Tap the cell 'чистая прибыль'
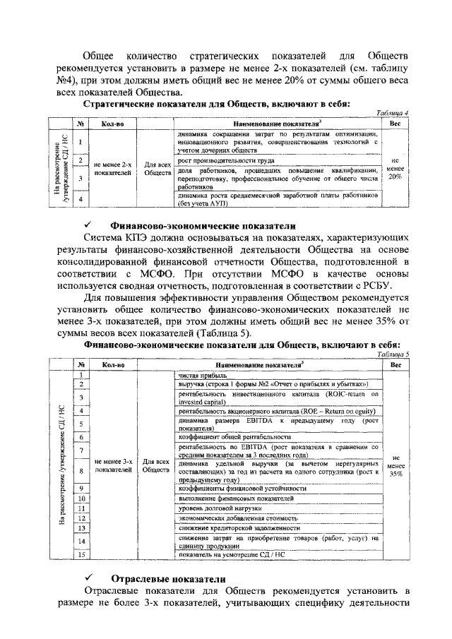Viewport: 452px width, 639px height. coord(199,375)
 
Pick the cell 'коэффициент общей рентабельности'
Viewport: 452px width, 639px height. coord(227,437)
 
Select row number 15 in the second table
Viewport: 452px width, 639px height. coord(81,555)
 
